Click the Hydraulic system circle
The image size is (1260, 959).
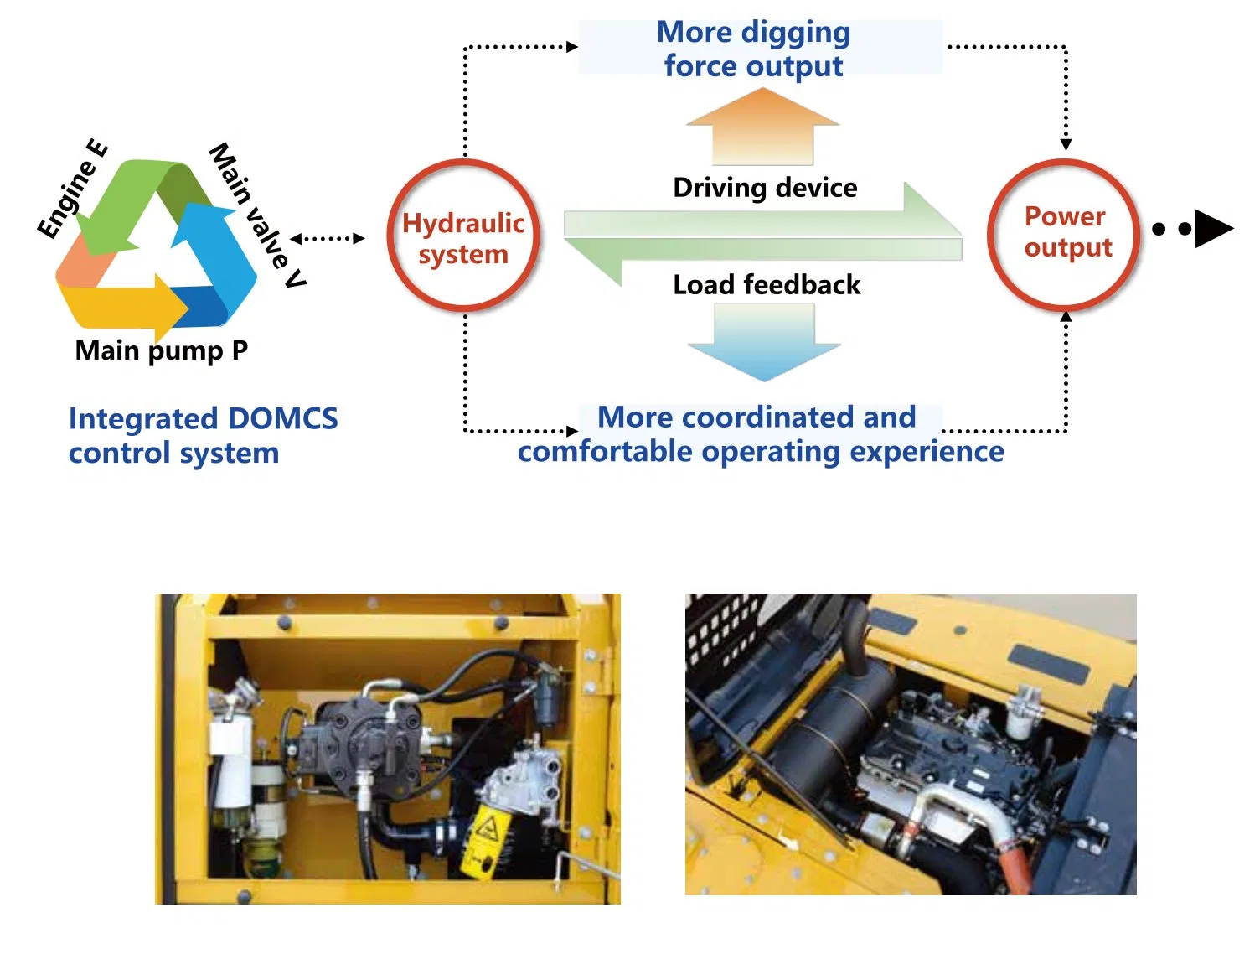pyautogui.click(x=463, y=237)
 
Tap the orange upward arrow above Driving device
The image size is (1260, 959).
pyautogui.click(x=762, y=126)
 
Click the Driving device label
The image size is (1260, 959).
pyautogui.click(x=765, y=188)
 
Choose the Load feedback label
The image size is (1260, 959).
pyautogui.click(x=767, y=285)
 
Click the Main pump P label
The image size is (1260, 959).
pyautogui.click(x=161, y=350)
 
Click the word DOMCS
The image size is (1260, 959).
pyautogui.click(x=282, y=418)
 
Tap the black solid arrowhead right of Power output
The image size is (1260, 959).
pyautogui.click(x=1212, y=228)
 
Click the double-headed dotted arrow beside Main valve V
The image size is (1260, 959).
pyautogui.click(x=328, y=239)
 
